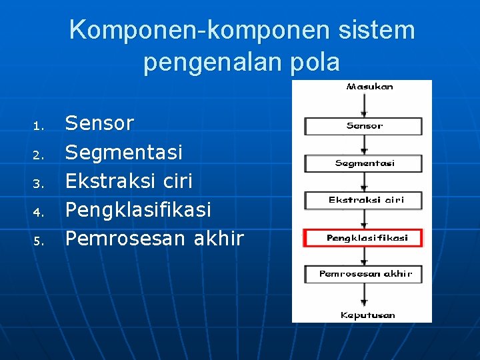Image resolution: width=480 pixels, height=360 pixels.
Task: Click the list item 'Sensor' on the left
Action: click(x=99, y=123)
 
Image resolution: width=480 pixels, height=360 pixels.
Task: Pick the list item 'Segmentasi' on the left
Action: click(x=123, y=153)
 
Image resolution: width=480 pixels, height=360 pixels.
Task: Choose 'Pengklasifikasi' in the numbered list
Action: click(x=137, y=210)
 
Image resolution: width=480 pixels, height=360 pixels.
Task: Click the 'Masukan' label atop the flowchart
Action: click(x=369, y=87)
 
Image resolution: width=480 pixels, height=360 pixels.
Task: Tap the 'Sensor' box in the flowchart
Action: click(x=363, y=126)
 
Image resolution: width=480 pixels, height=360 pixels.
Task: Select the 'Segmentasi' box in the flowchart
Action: click(x=363, y=163)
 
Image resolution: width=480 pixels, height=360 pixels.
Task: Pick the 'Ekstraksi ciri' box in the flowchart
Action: click(x=363, y=200)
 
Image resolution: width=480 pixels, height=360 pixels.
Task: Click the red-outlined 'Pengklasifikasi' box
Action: click(x=363, y=238)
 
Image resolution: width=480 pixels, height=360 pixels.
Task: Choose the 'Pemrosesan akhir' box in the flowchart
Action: click(x=363, y=274)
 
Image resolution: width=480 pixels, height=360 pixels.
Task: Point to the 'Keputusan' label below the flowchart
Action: click(x=367, y=315)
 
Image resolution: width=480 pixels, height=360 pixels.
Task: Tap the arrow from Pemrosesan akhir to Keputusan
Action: click(x=363, y=295)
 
